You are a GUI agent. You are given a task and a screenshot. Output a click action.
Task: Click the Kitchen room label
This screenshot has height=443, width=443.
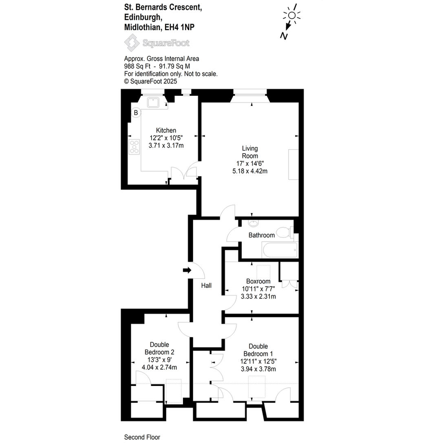click(166, 130)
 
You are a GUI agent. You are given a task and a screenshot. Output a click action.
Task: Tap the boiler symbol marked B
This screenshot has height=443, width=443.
click(136, 113)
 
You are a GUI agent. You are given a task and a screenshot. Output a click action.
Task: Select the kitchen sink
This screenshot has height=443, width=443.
click(153, 102)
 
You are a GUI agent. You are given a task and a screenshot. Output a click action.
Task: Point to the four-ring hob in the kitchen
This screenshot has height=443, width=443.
click(134, 147)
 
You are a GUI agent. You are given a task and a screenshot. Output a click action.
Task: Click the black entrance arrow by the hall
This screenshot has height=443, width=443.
click(187, 270)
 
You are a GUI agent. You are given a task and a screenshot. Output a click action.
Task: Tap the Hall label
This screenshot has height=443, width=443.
click(206, 285)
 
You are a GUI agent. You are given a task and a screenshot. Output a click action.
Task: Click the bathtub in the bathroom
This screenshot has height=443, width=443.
click(280, 250)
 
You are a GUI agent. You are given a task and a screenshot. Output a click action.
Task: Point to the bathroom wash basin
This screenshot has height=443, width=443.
click(253, 223)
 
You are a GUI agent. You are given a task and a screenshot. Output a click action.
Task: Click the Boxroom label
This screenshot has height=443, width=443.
click(258, 281)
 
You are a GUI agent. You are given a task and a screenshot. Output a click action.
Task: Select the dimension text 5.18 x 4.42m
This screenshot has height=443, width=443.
click(250, 171)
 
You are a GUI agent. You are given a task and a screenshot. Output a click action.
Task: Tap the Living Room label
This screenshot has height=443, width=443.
click(250, 152)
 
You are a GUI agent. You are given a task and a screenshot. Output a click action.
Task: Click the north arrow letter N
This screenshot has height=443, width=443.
click(284, 36)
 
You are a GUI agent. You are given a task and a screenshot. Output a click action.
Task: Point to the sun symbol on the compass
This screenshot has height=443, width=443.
click(292, 15)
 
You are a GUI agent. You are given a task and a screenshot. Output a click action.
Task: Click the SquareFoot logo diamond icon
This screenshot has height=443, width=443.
click(132, 43)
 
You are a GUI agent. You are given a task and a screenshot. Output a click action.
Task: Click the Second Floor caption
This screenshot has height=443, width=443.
click(142, 437)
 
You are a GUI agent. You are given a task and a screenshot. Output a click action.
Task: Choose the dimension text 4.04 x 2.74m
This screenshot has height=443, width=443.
click(159, 367)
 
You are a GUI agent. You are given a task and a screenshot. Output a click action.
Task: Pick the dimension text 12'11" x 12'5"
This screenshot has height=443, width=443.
click(258, 361)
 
